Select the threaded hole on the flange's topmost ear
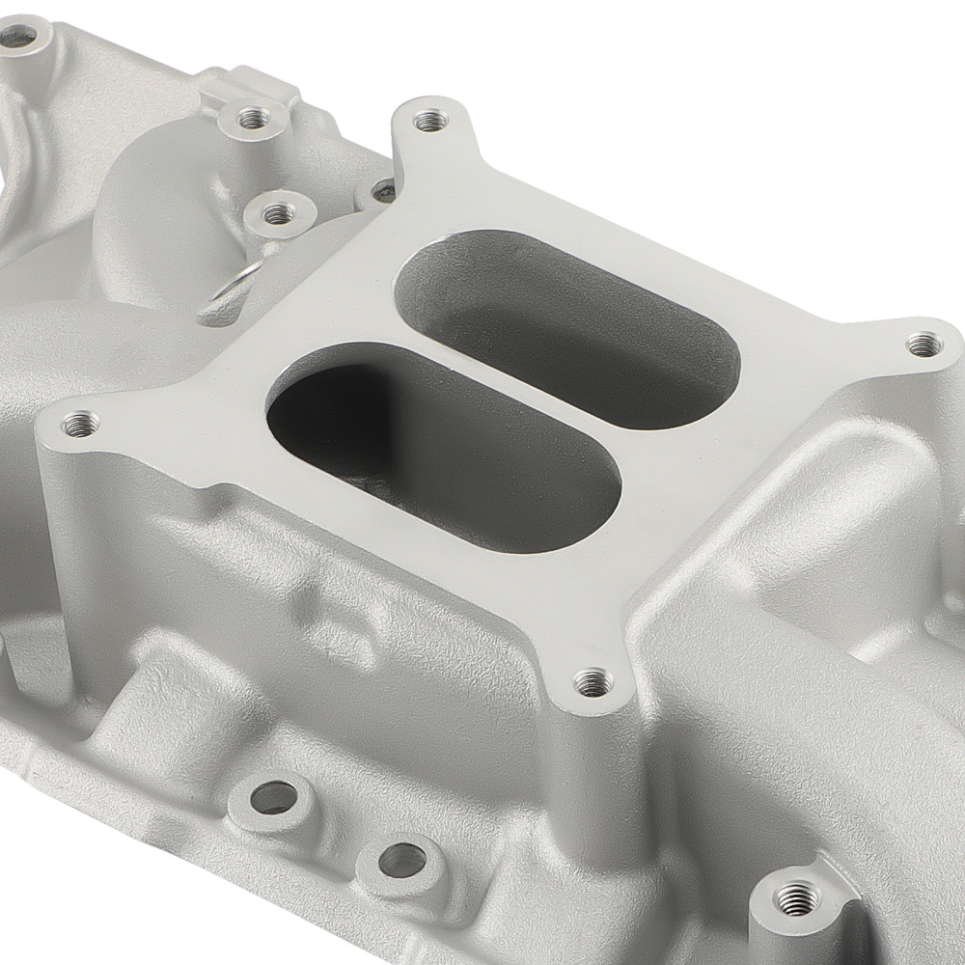(x=430, y=121)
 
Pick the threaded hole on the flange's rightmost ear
(x=924, y=343)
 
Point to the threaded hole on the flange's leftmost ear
(x=79, y=423)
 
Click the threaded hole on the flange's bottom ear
(x=593, y=683)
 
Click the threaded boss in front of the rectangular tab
(x=253, y=119)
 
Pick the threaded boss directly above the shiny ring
(x=278, y=213)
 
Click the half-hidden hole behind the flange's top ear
(x=382, y=188)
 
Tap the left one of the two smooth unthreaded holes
(x=273, y=797)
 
